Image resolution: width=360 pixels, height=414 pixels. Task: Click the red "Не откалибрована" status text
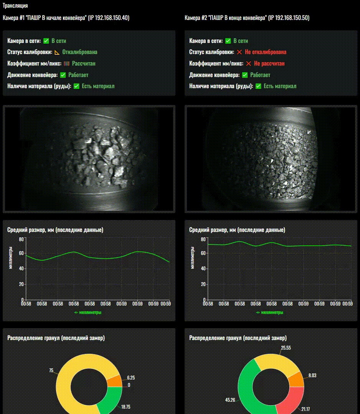click(x=266, y=52)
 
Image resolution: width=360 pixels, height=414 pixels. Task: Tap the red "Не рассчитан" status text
click(x=269, y=64)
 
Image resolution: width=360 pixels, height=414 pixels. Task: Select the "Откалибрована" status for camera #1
click(x=80, y=52)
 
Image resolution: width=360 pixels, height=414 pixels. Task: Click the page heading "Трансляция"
click(x=15, y=6)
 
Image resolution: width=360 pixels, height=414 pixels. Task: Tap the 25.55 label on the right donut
click(x=286, y=348)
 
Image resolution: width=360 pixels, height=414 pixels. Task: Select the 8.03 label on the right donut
click(x=312, y=376)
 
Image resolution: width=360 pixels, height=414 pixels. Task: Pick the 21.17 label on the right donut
click(x=306, y=409)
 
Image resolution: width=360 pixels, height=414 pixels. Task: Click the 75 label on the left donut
click(x=51, y=370)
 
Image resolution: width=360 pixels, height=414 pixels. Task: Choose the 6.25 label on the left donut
click(x=131, y=378)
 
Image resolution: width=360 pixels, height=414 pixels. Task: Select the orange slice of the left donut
click(x=114, y=381)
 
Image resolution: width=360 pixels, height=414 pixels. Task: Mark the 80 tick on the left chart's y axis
click(x=21, y=239)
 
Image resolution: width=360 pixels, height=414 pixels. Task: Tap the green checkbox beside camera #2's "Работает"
click(x=245, y=75)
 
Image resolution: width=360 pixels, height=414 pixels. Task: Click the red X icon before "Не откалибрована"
click(x=239, y=52)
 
